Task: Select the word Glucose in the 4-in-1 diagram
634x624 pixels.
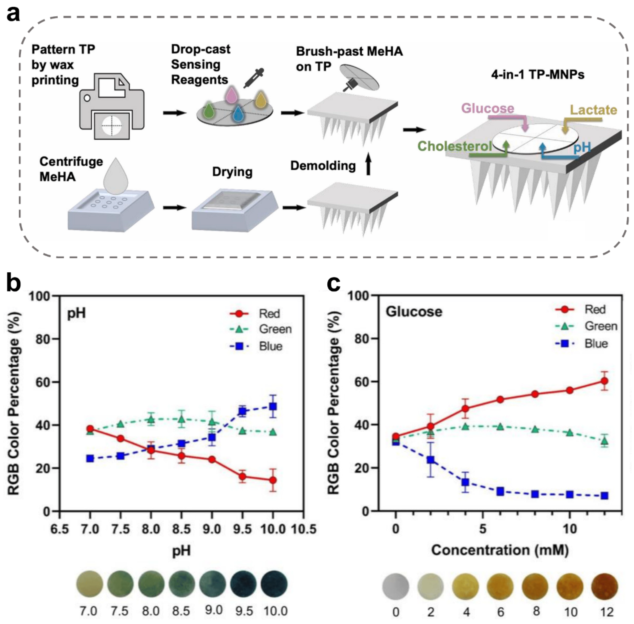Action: click(x=488, y=108)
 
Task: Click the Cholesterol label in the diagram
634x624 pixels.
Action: click(x=455, y=146)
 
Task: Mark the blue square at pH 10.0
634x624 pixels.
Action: click(x=273, y=407)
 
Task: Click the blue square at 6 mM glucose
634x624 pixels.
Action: click(x=500, y=491)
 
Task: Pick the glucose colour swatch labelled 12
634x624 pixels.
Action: click(x=605, y=587)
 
